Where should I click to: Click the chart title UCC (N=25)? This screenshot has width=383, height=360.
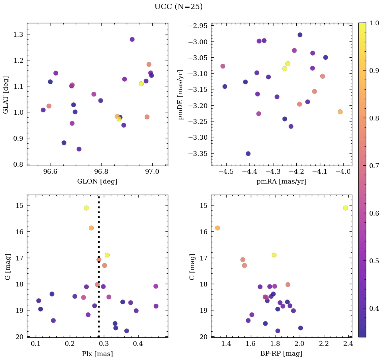178,7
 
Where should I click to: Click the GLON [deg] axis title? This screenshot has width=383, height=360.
97,182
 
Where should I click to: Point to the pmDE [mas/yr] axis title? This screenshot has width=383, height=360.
181,95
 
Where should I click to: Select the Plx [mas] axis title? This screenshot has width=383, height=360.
97,354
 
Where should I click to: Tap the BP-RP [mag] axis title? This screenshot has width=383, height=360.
282,354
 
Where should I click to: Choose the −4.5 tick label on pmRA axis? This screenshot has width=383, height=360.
226,172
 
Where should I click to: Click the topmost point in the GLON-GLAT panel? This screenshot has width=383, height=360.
132,39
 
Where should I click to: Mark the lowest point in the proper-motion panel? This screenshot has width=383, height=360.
248,154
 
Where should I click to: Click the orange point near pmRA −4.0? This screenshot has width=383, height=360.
340,112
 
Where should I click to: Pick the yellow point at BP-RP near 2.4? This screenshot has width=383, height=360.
345,208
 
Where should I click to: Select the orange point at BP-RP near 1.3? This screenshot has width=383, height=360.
217,228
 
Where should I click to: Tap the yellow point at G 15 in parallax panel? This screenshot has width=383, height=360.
86,208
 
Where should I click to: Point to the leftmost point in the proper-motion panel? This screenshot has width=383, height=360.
223,66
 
